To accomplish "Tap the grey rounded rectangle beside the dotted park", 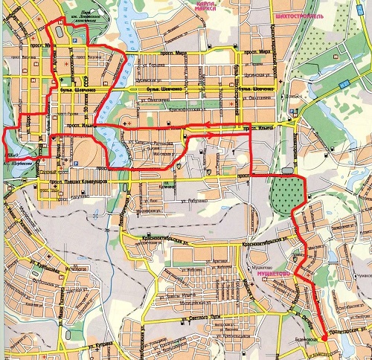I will pyautogui.click(x=287, y=170).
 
